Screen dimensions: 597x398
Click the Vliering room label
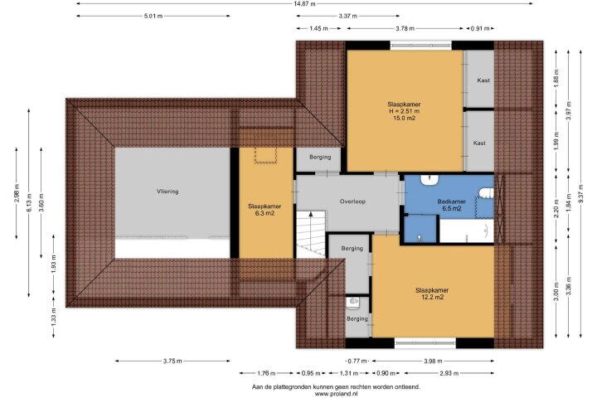click(167, 192)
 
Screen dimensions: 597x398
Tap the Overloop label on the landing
click(352, 201)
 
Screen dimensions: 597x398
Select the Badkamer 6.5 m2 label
click(452, 205)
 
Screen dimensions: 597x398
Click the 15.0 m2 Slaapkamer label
click(404, 111)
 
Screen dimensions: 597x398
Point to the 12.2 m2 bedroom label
click(432, 294)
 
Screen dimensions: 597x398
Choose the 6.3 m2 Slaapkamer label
click(265, 210)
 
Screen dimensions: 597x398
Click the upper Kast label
click(483, 80)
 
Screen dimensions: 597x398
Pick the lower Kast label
click(479, 143)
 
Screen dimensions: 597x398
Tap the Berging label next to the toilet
click(357, 318)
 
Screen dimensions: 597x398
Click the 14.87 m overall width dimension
click(304, 4)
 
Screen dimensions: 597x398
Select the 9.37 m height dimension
click(580, 193)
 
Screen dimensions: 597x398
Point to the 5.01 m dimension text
click(153, 16)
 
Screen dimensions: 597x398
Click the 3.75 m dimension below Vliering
click(172, 361)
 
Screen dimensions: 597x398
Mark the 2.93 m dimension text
click(449, 373)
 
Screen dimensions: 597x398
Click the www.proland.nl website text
click(336, 394)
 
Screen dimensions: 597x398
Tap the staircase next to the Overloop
click(312, 234)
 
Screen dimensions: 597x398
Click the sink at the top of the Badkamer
click(430, 180)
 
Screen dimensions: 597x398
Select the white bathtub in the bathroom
click(467, 231)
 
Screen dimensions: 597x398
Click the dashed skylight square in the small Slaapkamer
click(265, 155)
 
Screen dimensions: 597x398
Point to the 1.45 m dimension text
click(318, 28)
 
